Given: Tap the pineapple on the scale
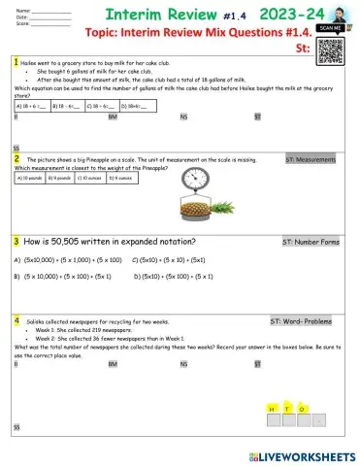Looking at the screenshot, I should [213, 207].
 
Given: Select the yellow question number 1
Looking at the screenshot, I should [16, 61].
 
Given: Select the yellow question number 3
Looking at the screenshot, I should [16, 241].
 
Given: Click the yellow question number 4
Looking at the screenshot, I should [16, 319].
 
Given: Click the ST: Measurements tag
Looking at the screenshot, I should [310, 158].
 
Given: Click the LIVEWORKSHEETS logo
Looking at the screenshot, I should [301, 453].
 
